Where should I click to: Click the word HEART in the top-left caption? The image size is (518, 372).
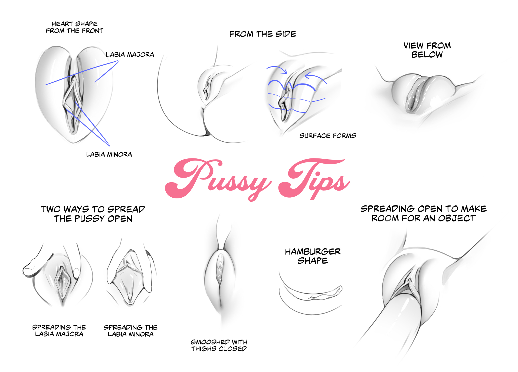(x=62, y=24)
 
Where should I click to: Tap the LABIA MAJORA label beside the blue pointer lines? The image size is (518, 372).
(x=130, y=55)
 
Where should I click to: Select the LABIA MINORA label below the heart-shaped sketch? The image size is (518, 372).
(x=109, y=154)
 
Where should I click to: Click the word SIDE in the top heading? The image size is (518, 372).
(x=286, y=34)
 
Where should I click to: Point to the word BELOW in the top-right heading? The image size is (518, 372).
(x=427, y=55)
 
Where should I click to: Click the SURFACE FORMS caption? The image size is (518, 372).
(x=328, y=136)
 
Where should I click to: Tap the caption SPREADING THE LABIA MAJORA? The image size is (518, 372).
(x=59, y=331)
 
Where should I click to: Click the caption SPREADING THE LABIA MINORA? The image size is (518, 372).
(x=131, y=331)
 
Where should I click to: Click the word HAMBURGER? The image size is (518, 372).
(x=313, y=252)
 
